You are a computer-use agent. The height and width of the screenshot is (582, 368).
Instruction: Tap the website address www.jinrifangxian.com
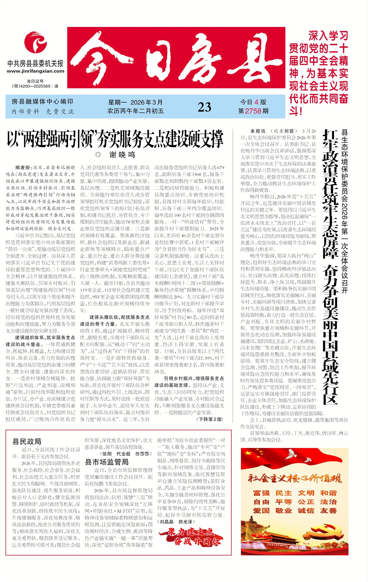[36, 71]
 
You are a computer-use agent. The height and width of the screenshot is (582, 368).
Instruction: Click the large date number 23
[204, 107]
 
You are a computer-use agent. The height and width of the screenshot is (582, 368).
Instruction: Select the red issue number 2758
[253, 111]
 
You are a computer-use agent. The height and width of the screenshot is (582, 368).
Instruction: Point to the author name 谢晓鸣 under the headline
[122, 155]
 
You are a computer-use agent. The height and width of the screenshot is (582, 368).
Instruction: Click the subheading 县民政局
[27, 441]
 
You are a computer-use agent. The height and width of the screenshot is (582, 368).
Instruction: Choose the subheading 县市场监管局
[106, 462]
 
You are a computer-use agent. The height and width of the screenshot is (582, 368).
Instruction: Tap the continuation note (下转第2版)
[210, 419]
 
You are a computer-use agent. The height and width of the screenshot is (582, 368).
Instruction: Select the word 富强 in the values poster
[261, 493]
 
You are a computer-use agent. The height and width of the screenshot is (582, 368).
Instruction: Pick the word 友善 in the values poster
[328, 511]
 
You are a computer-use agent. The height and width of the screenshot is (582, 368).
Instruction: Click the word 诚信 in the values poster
[306, 511]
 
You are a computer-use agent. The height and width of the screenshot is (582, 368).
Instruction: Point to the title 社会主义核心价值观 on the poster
[294, 478]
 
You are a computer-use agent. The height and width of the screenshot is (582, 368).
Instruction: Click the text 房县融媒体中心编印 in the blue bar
[42, 102]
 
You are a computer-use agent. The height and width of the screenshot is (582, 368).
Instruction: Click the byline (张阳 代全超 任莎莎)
[126, 454]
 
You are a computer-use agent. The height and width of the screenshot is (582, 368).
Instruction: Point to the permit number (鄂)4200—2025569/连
[35, 86]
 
